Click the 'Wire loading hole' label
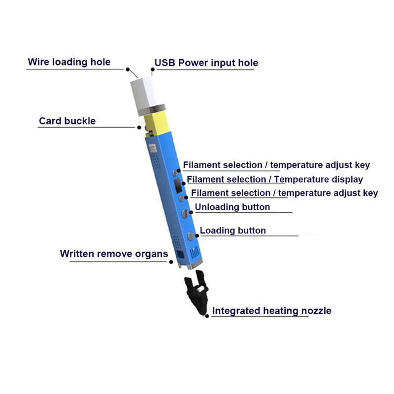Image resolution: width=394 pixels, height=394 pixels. click(69, 62)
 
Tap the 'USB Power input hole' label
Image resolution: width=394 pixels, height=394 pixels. click(206, 63)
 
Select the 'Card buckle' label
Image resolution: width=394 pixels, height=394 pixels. click(67, 121)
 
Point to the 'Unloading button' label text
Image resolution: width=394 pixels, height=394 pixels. click(232, 207)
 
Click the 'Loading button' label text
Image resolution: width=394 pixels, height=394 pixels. click(232, 230)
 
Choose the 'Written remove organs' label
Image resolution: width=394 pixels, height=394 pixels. click(114, 254)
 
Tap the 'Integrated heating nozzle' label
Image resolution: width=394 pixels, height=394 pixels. click(271, 311)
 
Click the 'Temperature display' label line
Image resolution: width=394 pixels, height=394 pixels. click(275, 179)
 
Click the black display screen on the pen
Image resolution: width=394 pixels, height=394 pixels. click(177, 186)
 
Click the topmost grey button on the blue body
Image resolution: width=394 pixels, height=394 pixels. click(174, 173)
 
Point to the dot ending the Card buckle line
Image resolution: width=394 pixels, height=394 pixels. click(139, 127)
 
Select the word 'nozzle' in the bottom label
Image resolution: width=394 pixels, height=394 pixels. click(316, 311)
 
